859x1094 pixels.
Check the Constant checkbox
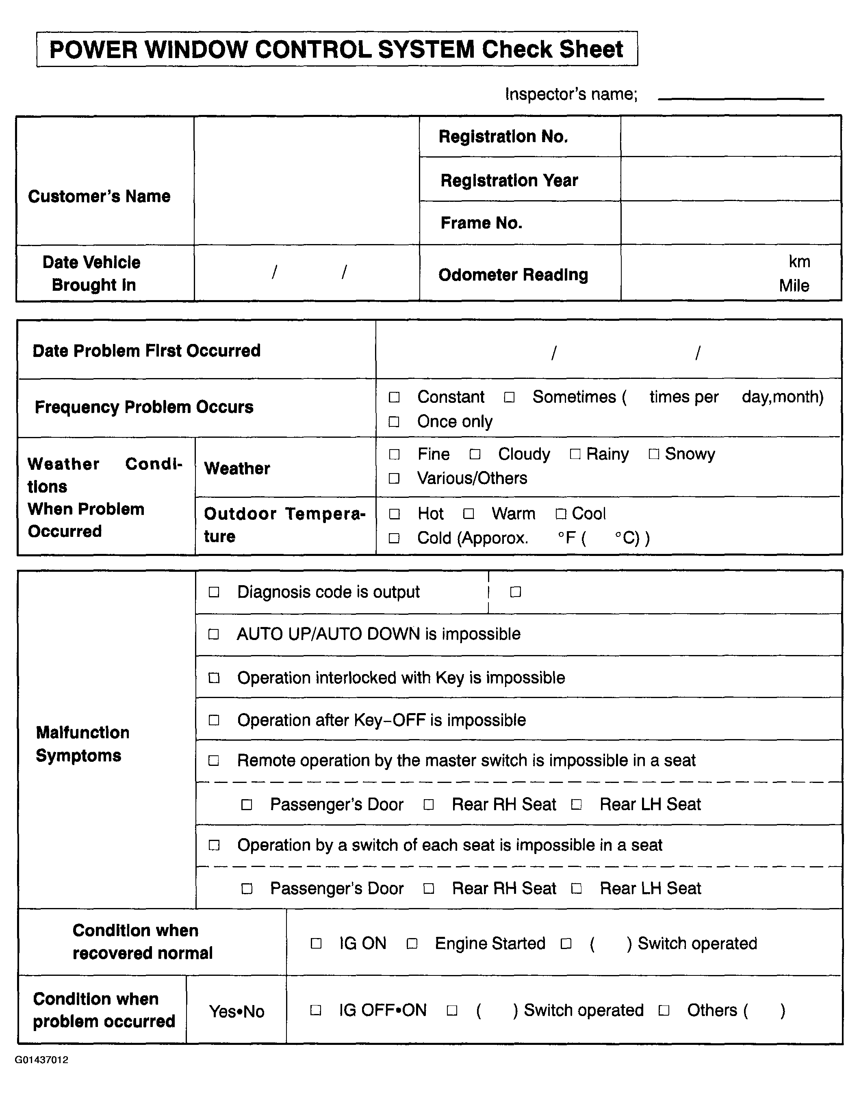coord(394,398)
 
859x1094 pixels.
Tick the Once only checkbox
coord(394,422)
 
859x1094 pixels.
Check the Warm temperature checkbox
coord(468,514)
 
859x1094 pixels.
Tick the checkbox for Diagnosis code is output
coord(214,592)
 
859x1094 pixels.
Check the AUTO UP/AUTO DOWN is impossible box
coord(214,634)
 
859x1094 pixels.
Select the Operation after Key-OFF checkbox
coord(214,720)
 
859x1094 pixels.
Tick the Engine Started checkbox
coord(412,944)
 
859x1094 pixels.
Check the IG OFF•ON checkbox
coord(316,1010)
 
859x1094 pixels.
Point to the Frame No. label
coord(481,223)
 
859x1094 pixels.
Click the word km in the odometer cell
coord(799,262)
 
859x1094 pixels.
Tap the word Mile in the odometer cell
coord(794,286)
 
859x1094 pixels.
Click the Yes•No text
coord(236,1011)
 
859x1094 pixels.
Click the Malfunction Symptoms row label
coord(82,744)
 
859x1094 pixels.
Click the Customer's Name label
coord(99,197)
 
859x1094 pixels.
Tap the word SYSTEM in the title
coord(426,50)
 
